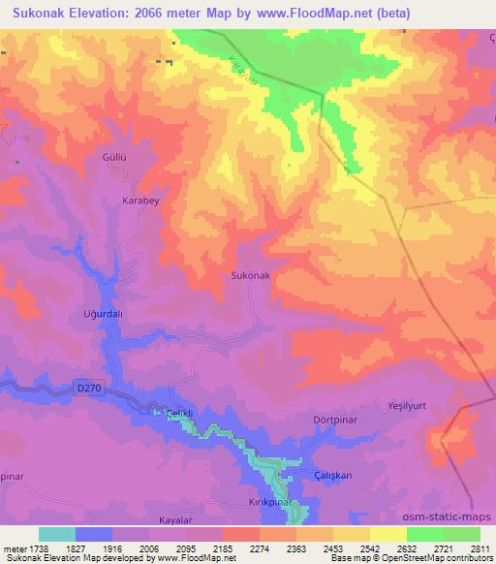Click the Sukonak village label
[x=251, y=276]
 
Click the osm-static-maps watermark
[x=452, y=517]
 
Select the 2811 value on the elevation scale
[x=480, y=548]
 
